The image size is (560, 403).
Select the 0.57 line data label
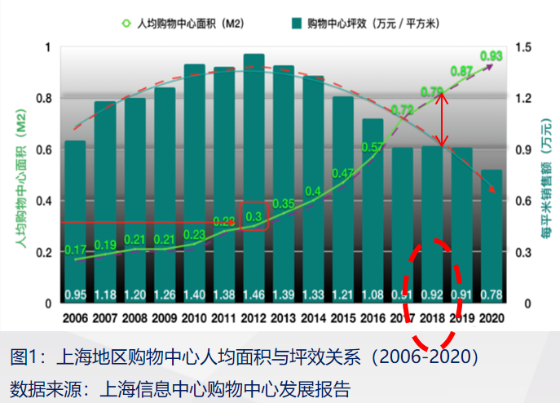373,148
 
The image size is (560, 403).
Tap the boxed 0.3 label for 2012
254,217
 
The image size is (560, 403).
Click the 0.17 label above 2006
75,249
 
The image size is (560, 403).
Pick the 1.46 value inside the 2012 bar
254,294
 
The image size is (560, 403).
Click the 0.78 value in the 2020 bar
492,294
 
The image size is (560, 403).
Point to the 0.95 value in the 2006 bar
75,294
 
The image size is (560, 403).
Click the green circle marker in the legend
126,23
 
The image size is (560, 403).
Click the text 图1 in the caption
24,356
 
